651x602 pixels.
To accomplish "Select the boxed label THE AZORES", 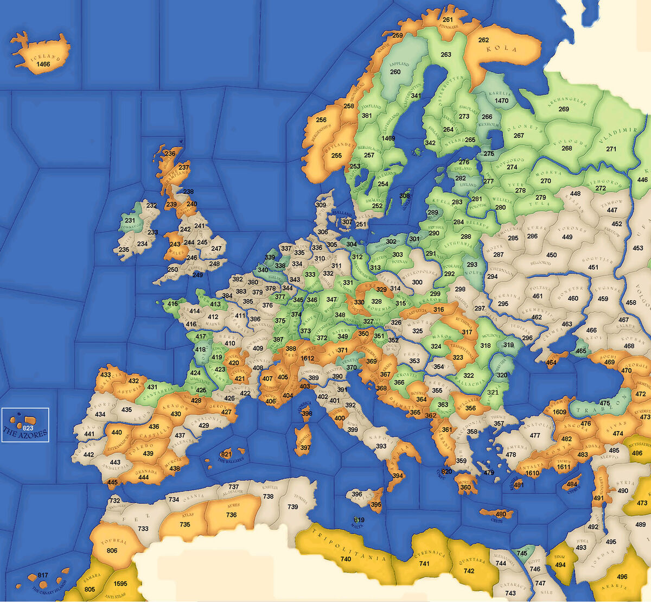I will pyautogui.click(x=25, y=433).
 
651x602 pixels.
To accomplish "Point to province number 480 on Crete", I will pyautogui.click(x=501, y=514).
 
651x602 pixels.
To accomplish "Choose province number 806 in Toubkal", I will pyautogui.click(x=112, y=550).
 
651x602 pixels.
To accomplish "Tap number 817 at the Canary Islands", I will pyautogui.click(x=43, y=575).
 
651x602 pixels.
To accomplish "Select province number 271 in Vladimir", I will pyautogui.click(x=611, y=149).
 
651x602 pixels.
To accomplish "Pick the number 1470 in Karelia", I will pyautogui.click(x=502, y=100).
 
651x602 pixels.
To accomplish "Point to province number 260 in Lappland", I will pyautogui.click(x=395, y=72).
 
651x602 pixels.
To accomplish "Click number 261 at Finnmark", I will pyautogui.click(x=448, y=20).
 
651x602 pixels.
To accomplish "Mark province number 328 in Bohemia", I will pyautogui.click(x=376, y=301).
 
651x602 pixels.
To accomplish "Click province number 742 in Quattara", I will pyautogui.click(x=469, y=571).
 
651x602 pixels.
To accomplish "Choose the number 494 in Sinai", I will pyautogui.click(x=560, y=565).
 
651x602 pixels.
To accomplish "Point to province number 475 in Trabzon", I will pyautogui.click(x=605, y=403).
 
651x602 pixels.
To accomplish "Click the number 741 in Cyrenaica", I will pyautogui.click(x=424, y=563).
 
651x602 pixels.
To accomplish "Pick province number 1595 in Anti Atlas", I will pyautogui.click(x=120, y=584).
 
